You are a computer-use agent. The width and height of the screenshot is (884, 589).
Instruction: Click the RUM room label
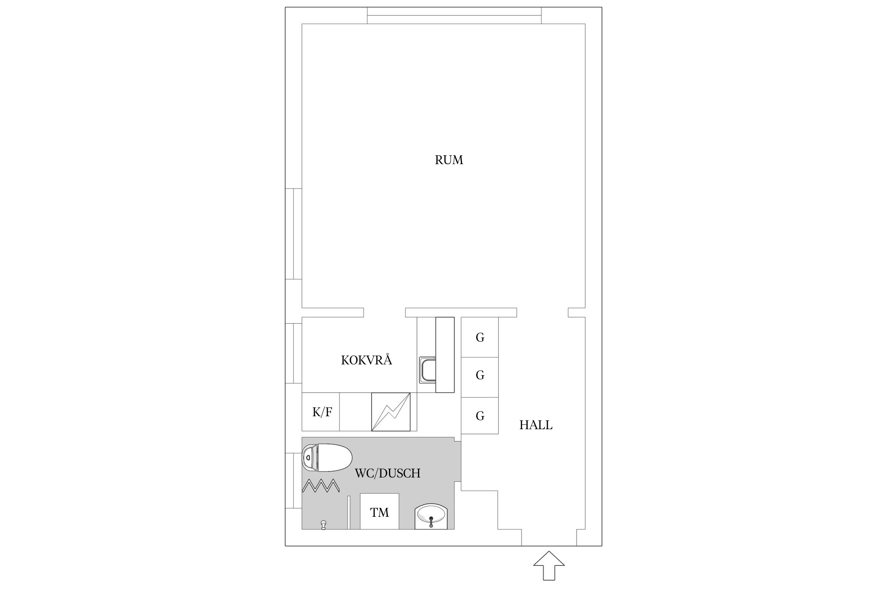click(x=449, y=160)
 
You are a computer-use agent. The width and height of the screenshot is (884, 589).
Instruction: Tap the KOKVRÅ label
click(x=366, y=360)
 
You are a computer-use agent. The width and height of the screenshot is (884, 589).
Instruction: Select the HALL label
click(x=536, y=425)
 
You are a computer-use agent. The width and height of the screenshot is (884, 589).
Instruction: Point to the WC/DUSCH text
click(x=387, y=473)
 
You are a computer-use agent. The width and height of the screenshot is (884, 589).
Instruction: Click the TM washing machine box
click(x=380, y=512)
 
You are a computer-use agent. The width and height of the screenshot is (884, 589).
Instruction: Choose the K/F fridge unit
click(x=321, y=412)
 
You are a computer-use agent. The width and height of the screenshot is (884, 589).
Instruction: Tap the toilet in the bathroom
click(x=327, y=457)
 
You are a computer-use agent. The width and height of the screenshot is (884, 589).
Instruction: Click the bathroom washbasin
click(x=431, y=516)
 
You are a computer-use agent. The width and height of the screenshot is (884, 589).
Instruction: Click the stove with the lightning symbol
click(x=391, y=412)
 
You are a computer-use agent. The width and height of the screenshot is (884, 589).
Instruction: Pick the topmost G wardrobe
click(x=480, y=337)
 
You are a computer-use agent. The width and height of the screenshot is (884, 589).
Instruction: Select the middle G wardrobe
click(x=480, y=375)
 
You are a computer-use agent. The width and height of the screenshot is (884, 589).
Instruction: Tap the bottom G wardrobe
click(x=480, y=416)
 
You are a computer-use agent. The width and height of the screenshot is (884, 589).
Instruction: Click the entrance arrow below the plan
click(x=549, y=566)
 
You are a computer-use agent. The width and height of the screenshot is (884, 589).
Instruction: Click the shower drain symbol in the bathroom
click(x=323, y=525)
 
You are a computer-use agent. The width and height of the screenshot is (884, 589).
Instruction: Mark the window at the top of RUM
click(x=454, y=16)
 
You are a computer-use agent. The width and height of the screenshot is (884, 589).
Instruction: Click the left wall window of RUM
click(x=293, y=234)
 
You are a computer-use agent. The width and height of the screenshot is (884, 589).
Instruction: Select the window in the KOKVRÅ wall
click(x=293, y=353)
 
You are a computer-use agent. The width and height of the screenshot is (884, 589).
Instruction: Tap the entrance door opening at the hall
click(x=549, y=538)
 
